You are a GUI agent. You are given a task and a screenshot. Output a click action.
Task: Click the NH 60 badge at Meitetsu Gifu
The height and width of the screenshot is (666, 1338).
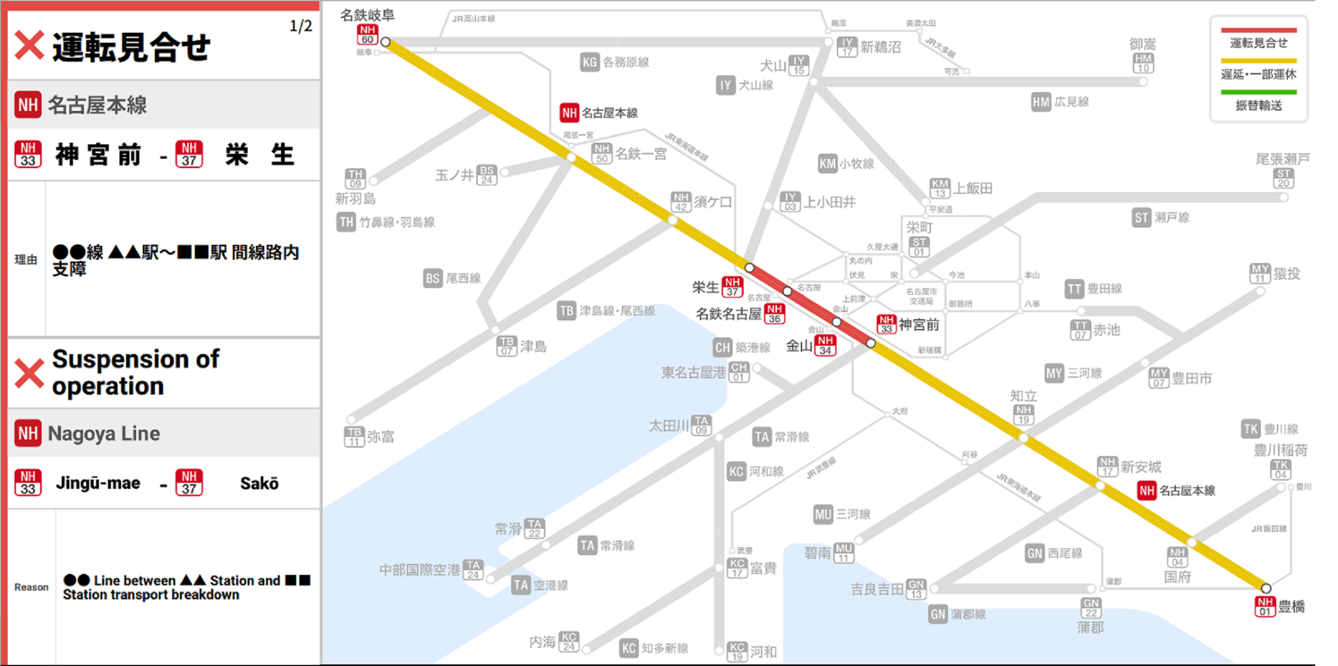[x=367, y=34]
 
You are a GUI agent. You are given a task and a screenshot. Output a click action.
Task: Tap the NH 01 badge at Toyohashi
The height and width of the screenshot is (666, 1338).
[x=1265, y=607]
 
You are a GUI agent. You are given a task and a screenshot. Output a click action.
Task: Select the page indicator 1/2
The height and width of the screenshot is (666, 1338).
[x=300, y=26]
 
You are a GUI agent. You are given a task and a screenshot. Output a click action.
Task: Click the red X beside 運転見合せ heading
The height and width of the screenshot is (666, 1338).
[x=29, y=46]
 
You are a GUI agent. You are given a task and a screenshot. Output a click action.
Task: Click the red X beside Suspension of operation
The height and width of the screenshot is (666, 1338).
[x=29, y=373]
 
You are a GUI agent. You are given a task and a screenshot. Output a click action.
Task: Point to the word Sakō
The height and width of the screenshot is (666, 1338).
[x=259, y=483]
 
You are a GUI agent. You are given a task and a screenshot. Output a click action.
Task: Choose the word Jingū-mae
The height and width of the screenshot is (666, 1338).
[x=98, y=483]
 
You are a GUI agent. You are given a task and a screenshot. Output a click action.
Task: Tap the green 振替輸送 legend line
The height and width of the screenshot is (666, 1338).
[x=1258, y=92]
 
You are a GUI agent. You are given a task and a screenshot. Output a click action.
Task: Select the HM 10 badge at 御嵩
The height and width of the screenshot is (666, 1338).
[x=1142, y=63]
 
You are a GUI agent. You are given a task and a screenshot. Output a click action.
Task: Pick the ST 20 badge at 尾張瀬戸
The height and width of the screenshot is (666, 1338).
[x=1283, y=179]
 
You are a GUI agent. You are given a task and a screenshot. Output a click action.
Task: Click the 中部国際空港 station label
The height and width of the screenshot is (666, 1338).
[x=419, y=570]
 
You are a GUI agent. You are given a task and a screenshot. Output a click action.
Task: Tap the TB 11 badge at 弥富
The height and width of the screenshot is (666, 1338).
[x=354, y=437]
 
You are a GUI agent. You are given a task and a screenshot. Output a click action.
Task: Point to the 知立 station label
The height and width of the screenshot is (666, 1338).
[x=1023, y=396]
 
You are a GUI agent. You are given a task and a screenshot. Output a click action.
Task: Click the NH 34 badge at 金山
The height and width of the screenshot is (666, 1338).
[x=825, y=345]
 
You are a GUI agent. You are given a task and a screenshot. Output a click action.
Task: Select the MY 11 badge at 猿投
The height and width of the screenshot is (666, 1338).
[x=1260, y=274]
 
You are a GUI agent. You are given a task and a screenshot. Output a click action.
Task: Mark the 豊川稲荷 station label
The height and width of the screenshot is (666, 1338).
[x=1280, y=450]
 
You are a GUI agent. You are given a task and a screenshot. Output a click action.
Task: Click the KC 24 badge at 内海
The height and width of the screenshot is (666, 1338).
[x=569, y=642]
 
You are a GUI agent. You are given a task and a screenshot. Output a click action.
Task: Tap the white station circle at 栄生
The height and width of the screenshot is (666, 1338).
[x=749, y=268]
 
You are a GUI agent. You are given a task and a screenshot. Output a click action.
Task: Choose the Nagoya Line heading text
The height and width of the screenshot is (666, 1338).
[x=104, y=433]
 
